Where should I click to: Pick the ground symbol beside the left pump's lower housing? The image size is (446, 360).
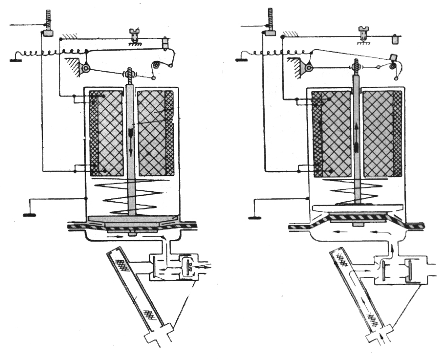[30, 215]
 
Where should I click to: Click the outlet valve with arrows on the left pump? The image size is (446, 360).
[189, 265]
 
